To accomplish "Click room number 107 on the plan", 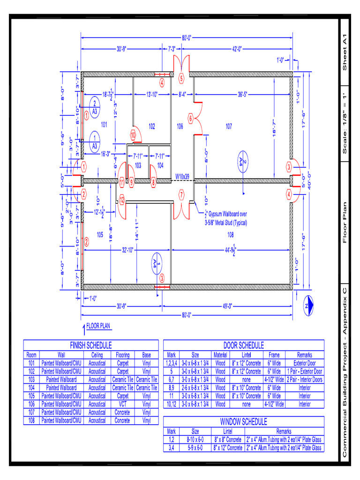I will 229,126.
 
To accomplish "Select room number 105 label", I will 100,235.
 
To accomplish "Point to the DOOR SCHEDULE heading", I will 243,345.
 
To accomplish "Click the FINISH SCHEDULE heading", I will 90,345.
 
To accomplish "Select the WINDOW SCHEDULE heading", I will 243,422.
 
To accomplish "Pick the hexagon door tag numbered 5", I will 181,79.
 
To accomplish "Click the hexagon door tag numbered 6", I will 191,119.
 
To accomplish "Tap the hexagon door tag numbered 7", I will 181,195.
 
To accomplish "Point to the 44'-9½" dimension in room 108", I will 230,250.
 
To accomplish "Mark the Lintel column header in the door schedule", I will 247,355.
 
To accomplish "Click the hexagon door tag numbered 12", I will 121,200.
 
